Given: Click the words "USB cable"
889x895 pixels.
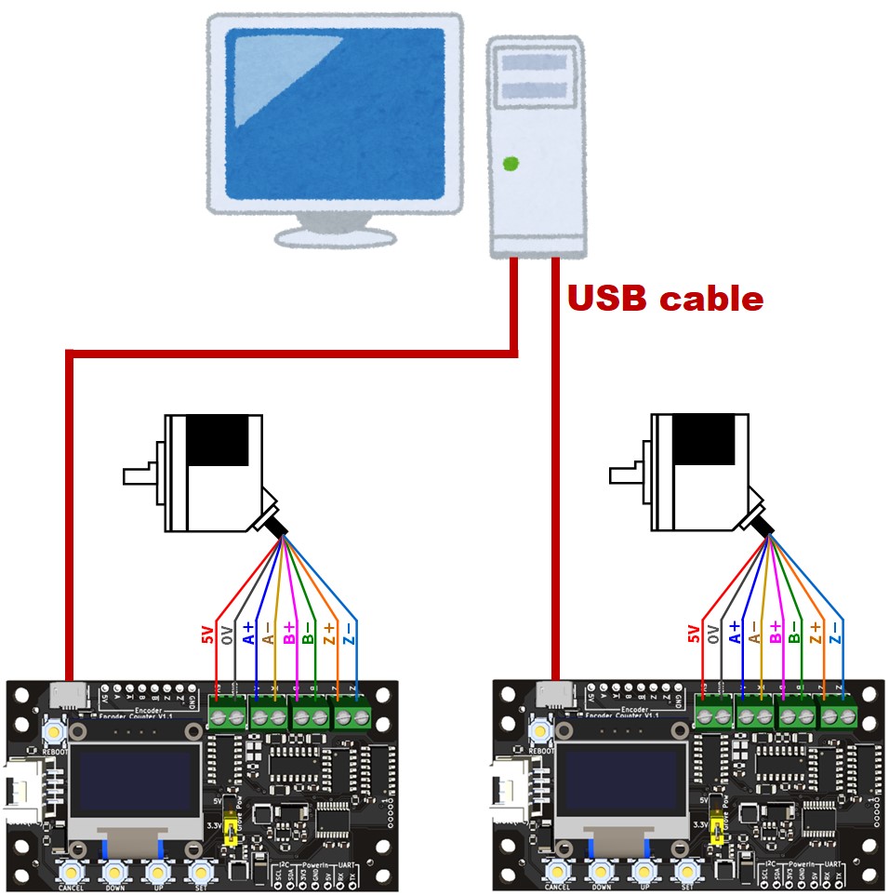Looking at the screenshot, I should tap(665, 299).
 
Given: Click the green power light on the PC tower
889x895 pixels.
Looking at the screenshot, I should tap(510, 165).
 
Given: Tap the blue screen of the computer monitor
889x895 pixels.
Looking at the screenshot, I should tap(336, 112).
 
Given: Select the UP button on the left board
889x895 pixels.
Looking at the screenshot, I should tap(157, 871).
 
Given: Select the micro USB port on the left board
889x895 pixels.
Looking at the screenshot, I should tap(69, 694).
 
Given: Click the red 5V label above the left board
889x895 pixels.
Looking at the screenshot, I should tap(207, 635).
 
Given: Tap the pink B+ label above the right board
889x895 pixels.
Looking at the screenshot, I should tap(775, 634).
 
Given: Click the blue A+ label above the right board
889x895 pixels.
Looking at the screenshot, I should tap(736, 634).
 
